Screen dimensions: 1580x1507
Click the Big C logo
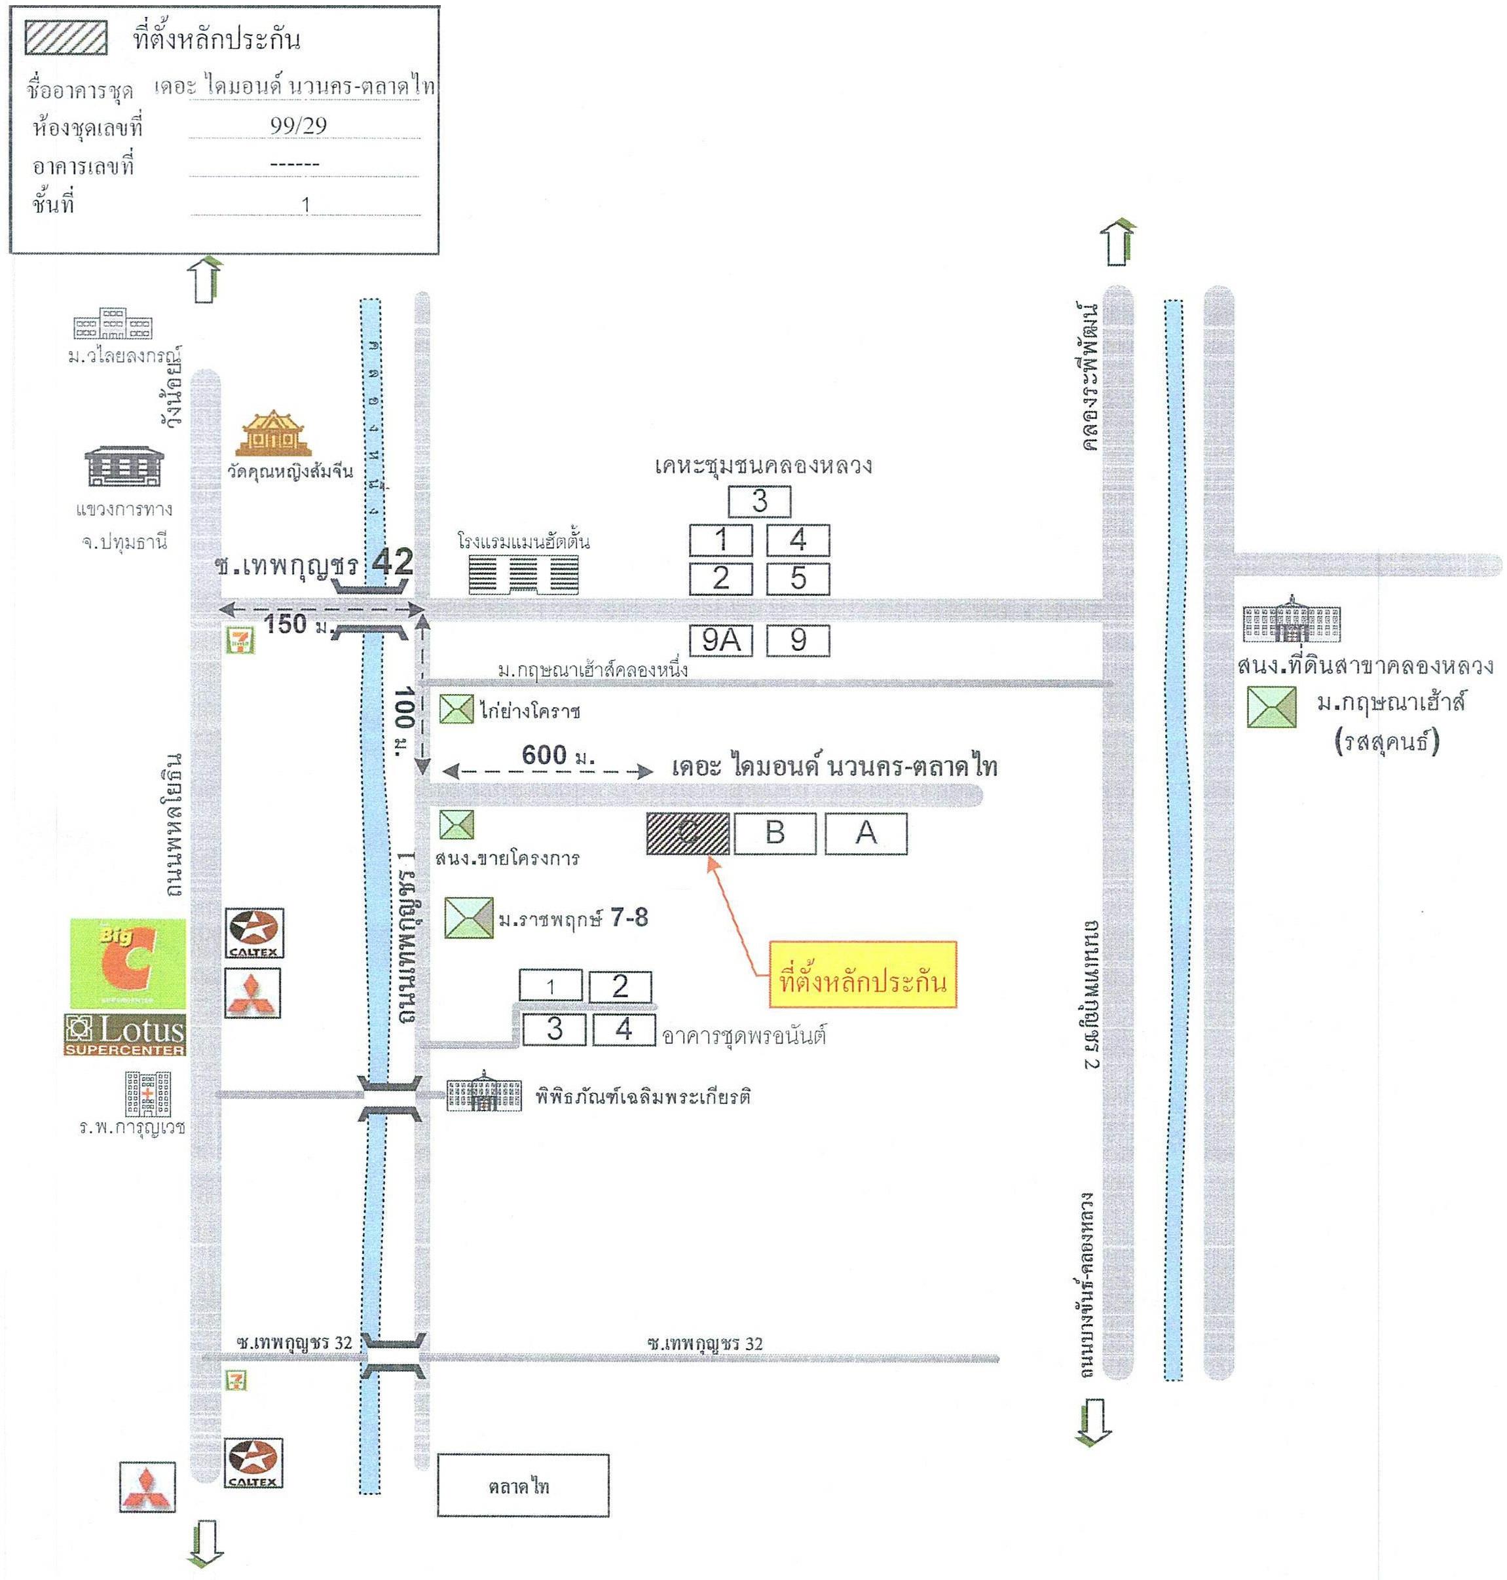128,963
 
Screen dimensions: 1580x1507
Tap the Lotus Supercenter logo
124,1035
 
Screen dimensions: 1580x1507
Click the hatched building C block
688,833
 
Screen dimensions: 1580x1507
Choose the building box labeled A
866,833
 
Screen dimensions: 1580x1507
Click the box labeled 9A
720,640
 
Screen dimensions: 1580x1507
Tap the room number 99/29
298,125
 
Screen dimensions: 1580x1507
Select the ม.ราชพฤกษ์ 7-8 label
573,918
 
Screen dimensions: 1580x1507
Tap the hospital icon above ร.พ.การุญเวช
148,1093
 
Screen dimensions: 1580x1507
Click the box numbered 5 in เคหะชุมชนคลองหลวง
798,578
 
